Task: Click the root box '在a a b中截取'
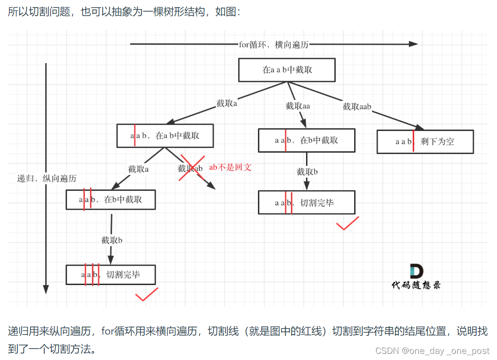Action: (x=287, y=70)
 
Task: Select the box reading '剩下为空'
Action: (x=425, y=141)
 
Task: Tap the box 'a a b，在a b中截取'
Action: (x=165, y=136)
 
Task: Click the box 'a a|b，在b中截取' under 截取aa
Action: (x=306, y=140)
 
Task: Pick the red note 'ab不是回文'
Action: (x=230, y=167)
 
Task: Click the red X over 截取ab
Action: (x=191, y=168)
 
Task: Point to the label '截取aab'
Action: (x=357, y=106)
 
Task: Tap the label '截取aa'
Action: (x=298, y=106)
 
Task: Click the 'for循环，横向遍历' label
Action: (x=273, y=44)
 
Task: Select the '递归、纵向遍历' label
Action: (x=47, y=178)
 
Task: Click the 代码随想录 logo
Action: (x=416, y=276)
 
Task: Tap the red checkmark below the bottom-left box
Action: (x=146, y=295)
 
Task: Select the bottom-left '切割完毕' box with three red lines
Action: (x=110, y=274)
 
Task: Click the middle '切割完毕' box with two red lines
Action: (x=306, y=203)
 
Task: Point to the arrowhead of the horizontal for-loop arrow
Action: (x=413, y=44)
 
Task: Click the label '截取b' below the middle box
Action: (x=307, y=172)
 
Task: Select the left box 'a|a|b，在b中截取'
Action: (x=110, y=199)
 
